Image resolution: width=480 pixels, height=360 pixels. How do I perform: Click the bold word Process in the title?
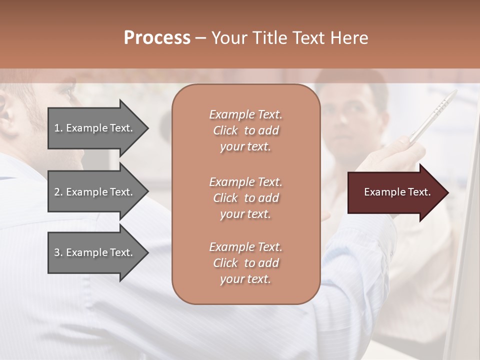coord(157,38)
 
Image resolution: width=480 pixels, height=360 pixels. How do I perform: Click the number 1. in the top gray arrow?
coord(58,128)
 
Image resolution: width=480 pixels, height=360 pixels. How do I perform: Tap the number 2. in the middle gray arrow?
coord(58,192)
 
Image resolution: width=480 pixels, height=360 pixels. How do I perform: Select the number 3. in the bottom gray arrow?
coord(58,252)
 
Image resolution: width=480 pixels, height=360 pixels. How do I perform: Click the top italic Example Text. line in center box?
coord(245,114)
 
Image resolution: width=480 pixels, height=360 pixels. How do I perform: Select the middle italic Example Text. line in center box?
coord(245,181)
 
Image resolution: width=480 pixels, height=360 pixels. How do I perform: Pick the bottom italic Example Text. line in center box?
coord(245,247)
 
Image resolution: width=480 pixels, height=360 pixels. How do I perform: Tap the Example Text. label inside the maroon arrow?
coord(397,192)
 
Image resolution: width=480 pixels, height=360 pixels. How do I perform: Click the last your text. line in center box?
coord(245,279)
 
